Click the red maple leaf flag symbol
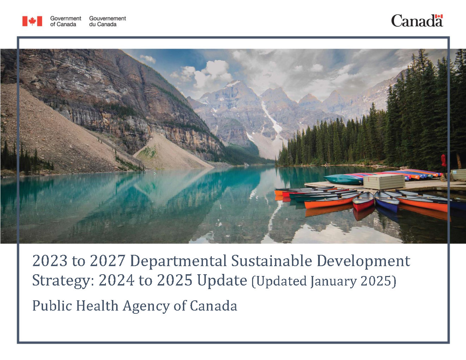pyautogui.click(x=32, y=21)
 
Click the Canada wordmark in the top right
pyautogui.click(x=417, y=21)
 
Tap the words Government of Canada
pyautogui.click(x=66, y=21)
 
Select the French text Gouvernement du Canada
pyautogui.click(x=107, y=21)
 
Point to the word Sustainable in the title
pyautogui.click(x=272, y=260)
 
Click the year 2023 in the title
pyautogui.click(x=50, y=260)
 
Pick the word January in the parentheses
pyautogui.click(x=334, y=281)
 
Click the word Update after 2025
pyautogui.click(x=222, y=281)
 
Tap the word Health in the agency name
pyautogui.click(x=97, y=306)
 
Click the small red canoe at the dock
pyautogui.click(x=363, y=201)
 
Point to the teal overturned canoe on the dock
pyautogui.click(x=343, y=180)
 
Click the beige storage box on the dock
pyautogui.click(x=384, y=182)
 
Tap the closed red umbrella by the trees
pyautogui.click(x=444, y=161)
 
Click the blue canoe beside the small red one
pyautogui.click(x=387, y=201)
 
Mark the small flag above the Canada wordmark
pyautogui.click(x=439, y=16)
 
